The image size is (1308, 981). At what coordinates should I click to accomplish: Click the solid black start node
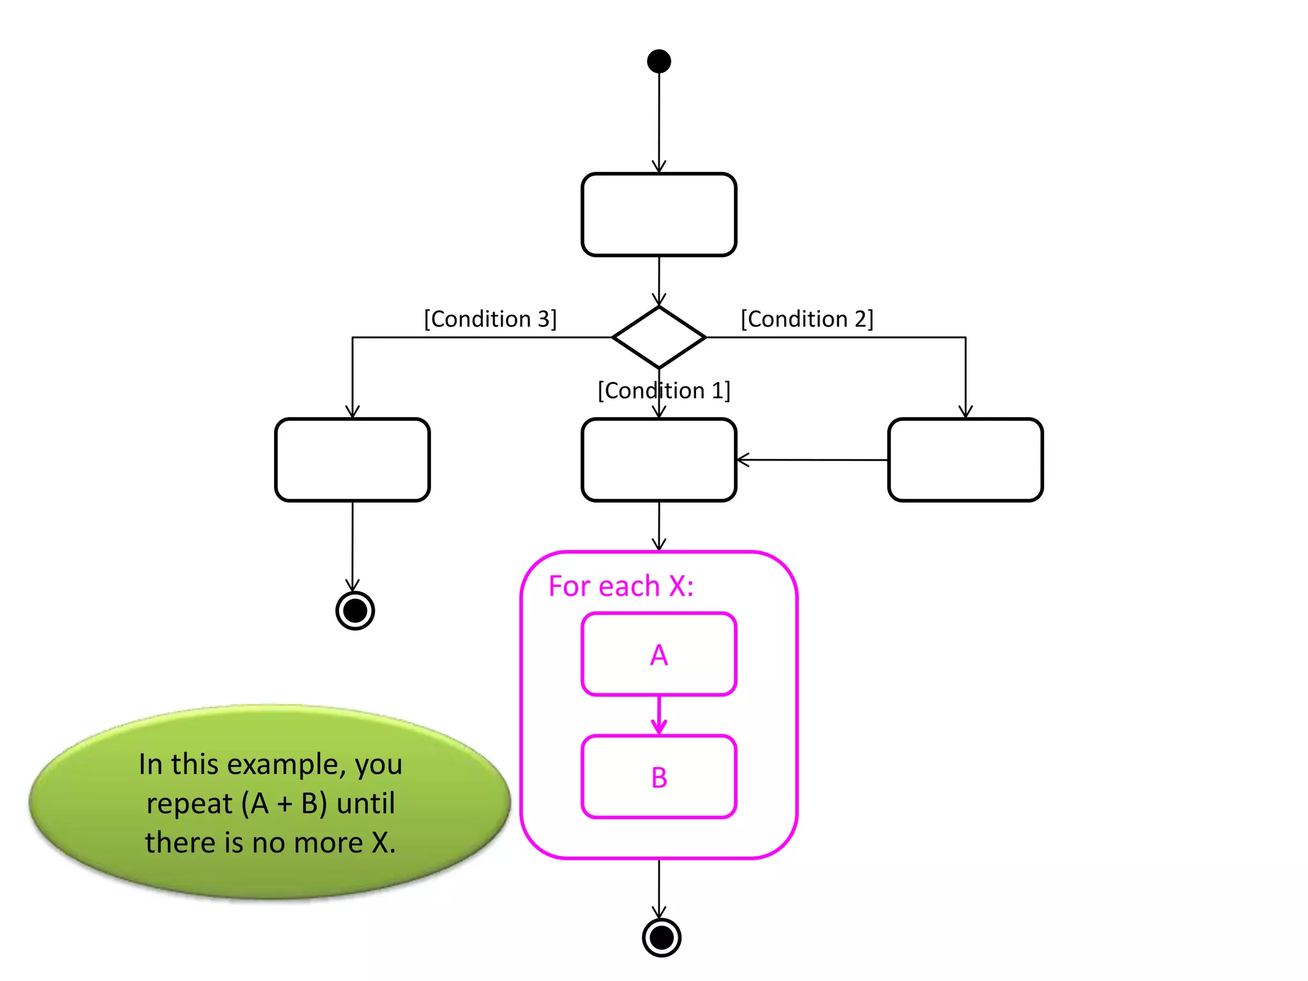tap(658, 61)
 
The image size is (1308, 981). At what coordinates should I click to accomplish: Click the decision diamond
tap(658, 337)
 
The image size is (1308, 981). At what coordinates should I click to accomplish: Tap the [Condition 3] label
tap(490, 319)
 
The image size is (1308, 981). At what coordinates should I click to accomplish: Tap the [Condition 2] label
tap(807, 319)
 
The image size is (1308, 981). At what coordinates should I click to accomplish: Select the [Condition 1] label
tap(664, 390)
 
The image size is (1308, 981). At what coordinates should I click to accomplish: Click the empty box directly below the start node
tap(658, 215)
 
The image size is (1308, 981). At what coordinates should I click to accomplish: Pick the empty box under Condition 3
tap(352, 460)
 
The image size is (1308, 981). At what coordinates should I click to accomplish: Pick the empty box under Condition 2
tap(965, 460)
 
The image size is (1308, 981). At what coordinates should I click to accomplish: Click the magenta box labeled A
tap(658, 654)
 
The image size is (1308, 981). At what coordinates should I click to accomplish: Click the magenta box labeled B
tap(658, 777)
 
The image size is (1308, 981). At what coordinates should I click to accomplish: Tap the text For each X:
tap(621, 586)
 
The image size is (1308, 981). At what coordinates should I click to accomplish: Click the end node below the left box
tap(355, 611)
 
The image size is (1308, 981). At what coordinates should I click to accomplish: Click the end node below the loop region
tap(661, 938)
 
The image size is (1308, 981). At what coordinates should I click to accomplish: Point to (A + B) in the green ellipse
tap(284, 803)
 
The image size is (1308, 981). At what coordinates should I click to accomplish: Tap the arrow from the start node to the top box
tap(659, 121)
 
